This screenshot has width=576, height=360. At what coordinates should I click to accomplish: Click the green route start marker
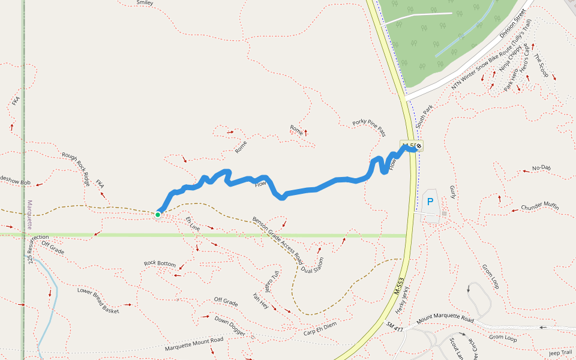tap(158, 214)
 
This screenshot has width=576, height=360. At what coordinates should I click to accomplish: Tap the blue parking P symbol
tap(430, 202)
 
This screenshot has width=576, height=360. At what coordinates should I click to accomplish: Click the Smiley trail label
tap(145, 3)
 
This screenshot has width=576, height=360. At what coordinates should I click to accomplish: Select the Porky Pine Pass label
tap(369, 127)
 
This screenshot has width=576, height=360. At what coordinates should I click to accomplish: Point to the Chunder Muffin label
tap(539, 208)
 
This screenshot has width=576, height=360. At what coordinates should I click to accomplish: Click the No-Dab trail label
tap(541, 169)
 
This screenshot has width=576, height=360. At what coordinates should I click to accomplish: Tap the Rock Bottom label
tap(160, 264)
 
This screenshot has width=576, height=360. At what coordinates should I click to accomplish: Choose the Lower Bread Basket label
tap(98, 301)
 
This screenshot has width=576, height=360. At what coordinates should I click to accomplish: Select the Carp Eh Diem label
tap(320, 329)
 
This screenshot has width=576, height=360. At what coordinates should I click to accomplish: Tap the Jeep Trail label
tap(560, 353)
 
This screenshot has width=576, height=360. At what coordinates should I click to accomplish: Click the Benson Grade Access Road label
tap(277, 239)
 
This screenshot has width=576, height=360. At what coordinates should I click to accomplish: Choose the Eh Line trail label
tap(193, 224)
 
